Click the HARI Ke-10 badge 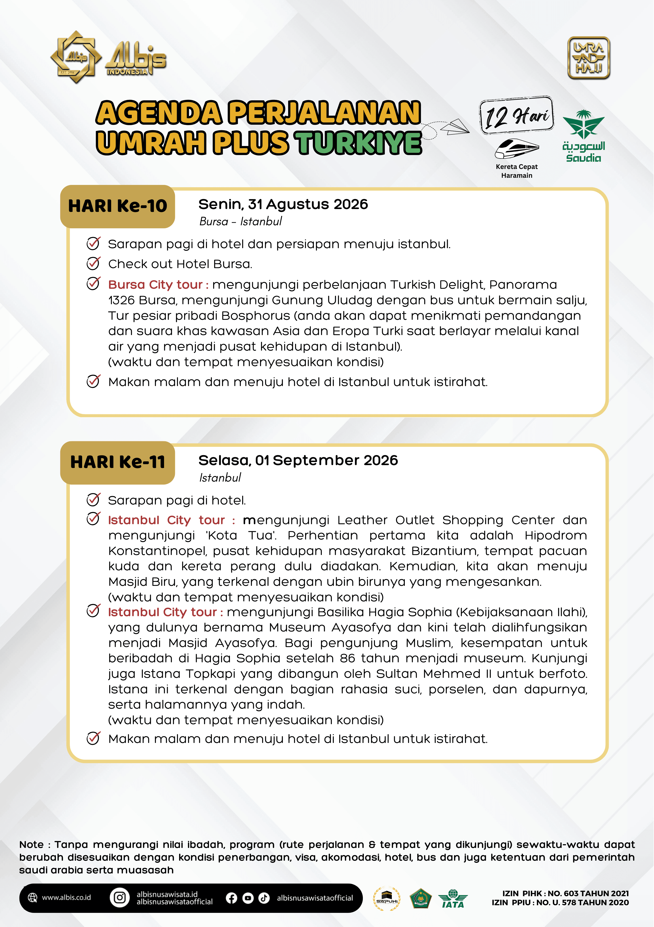pos(117,206)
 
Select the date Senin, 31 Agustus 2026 pos(283,204)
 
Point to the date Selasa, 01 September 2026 pos(298,460)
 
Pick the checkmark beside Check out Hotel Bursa pos(93,264)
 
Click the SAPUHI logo pos(387,899)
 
